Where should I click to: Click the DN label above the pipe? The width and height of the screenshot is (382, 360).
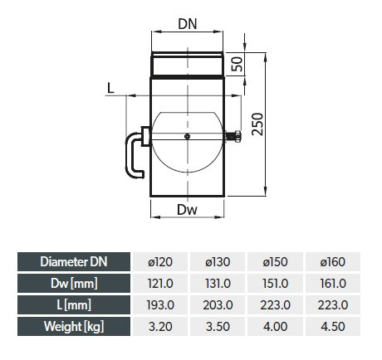188,24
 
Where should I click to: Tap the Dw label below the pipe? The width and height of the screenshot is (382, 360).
187,210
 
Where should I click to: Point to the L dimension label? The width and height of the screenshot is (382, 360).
110,89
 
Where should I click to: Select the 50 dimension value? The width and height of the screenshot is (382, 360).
238,64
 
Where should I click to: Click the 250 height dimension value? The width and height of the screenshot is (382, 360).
257,124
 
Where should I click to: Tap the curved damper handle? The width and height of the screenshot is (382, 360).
131,155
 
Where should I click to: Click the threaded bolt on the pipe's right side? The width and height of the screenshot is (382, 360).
233,136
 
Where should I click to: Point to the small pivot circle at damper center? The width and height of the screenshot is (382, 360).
188,136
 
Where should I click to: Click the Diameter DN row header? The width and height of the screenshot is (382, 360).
74,261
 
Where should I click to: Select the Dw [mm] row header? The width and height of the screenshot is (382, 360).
74,283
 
